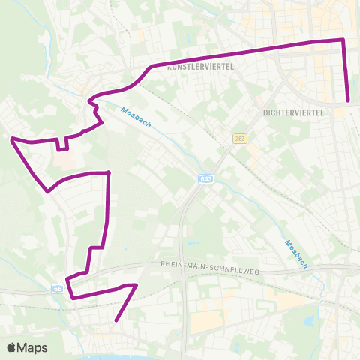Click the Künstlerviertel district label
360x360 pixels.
click(x=201, y=67)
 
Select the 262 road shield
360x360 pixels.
click(x=239, y=139)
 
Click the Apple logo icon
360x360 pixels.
click(x=12, y=347)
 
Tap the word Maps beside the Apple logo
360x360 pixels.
click(x=33, y=347)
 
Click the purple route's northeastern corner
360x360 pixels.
click(x=343, y=39)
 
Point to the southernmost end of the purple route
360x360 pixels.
click(x=116, y=321)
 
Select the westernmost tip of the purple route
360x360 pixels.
click(x=10, y=139)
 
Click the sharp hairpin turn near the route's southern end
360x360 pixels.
click(x=136, y=285)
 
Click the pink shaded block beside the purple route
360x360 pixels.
click(x=66, y=160)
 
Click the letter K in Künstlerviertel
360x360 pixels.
click(x=170, y=67)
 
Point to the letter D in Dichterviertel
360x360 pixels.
click(x=267, y=112)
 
